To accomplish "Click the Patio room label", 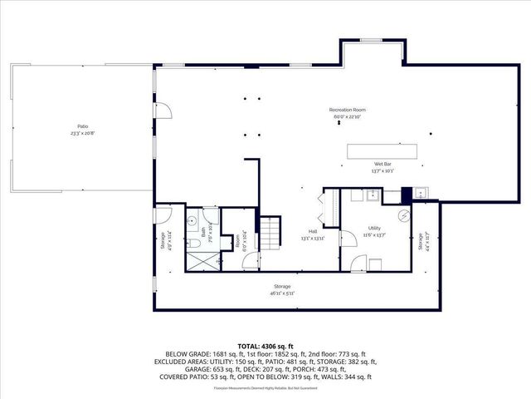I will [x=83, y=126].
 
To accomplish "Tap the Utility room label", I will [x=374, y=227].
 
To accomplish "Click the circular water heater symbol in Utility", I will [x=404, y=215].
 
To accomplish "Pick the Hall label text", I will [x=313, y=231].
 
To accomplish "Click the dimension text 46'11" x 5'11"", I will [x=282, y=293].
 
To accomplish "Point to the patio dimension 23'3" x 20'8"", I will [x=83, y=133].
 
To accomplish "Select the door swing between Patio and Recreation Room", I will [x=164, y=110].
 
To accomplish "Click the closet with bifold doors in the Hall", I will [x=329, y=207].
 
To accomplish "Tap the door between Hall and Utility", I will [x=358, y=263].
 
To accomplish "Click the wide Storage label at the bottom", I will [x=282, y=286].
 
